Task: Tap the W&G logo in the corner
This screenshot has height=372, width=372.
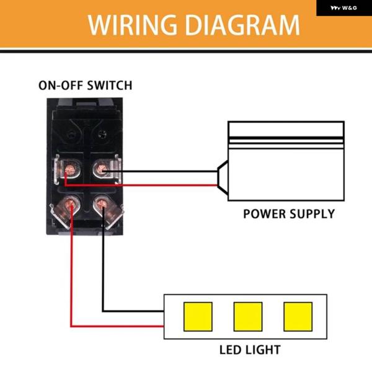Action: (x=345, y=8)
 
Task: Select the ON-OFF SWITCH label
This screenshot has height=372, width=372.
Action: (x=85, y=86)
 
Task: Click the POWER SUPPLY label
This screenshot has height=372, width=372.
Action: (x=288, y=215)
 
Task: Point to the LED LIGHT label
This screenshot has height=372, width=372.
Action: (x=249, y=350)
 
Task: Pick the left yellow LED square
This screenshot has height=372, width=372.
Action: (x=198, y=317)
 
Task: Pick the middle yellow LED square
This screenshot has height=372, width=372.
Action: (x=248, y=317)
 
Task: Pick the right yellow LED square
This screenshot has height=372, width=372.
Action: (x=298, y=317)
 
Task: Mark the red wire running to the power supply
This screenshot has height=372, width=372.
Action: (x=167, y=184)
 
